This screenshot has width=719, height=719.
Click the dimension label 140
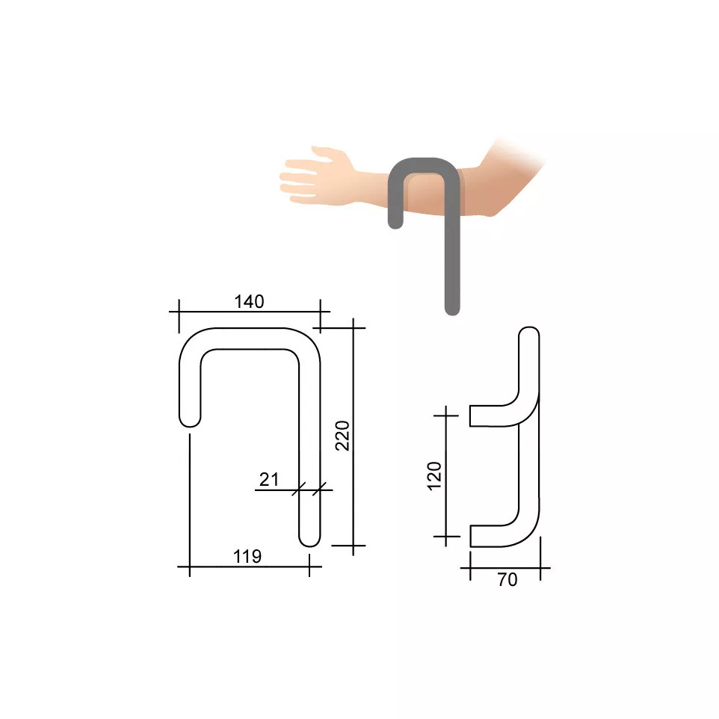(x=249, y=302)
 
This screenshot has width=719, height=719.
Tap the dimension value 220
(x=342, y=436)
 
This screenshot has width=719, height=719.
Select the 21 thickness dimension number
(x=269, y=480)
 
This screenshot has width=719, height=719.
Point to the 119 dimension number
(x=247, y=556)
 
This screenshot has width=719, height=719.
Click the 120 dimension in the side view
(x=434, y=476)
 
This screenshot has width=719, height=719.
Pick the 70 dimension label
(x=507, y=579)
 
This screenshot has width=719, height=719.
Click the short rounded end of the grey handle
(x=395, y=223)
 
